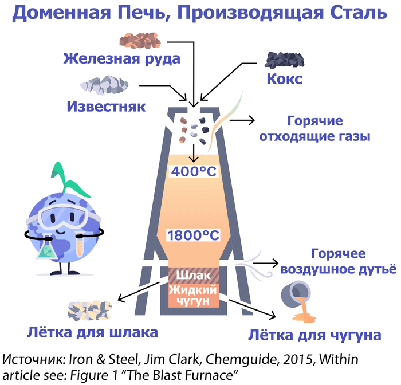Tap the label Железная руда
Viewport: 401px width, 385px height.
point(122,58)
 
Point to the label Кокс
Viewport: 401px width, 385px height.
point(284,78)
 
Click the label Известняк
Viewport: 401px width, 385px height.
point(107,107)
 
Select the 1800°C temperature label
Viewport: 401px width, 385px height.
point(194,235)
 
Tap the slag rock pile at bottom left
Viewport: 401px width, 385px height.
point(89,309)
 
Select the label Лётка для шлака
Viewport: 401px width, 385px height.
point(92,332)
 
